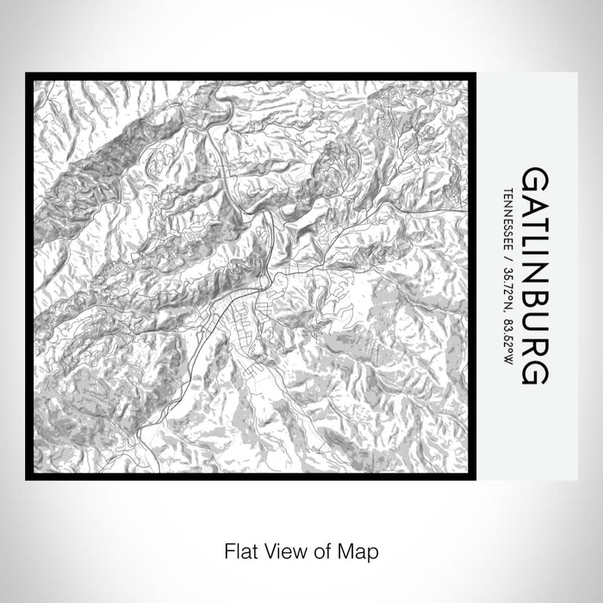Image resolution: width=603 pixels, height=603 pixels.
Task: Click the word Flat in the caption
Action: pyautogui.click(x=239, y=549)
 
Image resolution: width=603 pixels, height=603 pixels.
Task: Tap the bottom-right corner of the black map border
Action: pyautogui.click(x=478, y=477)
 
